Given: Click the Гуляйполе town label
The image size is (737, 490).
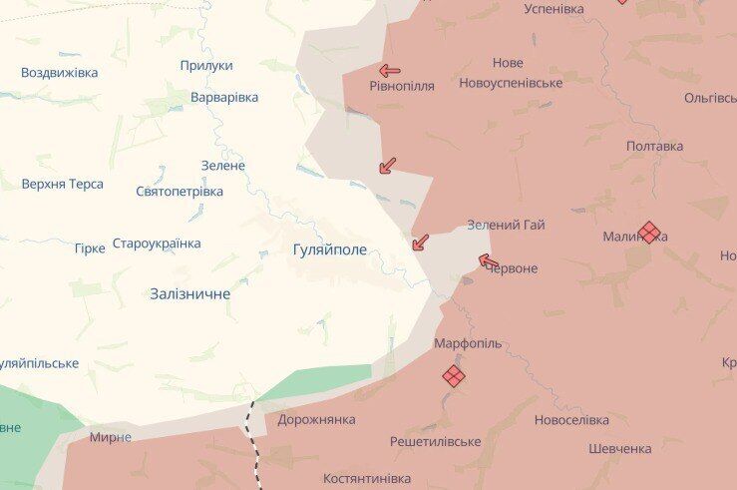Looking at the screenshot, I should [330, 249].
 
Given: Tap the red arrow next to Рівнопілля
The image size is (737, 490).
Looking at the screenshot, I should [390, 71].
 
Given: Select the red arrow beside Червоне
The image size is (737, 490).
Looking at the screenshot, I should [489, 261].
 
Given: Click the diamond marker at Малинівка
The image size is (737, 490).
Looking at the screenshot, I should [649, 233].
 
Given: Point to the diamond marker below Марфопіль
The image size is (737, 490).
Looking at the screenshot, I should [454, 375].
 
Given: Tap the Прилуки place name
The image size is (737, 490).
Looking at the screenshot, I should [206, 66].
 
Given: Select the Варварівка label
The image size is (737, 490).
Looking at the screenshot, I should [224, 97].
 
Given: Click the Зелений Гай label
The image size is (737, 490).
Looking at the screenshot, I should [506, 225].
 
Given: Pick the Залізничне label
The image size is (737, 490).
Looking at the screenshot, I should [189, 293].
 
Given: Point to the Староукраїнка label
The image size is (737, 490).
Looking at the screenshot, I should [157, 244].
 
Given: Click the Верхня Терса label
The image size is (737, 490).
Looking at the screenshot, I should [63, 185].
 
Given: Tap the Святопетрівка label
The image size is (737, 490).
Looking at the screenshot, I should [180, 191].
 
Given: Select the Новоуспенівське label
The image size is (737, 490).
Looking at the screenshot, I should [511, 83].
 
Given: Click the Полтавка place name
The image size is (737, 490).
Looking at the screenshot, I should [654, 146].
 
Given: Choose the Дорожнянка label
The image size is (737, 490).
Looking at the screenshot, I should [316, 419].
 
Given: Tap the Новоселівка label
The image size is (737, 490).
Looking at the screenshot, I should [571, 420].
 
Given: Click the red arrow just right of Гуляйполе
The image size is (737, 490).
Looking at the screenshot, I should [420, 243].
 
